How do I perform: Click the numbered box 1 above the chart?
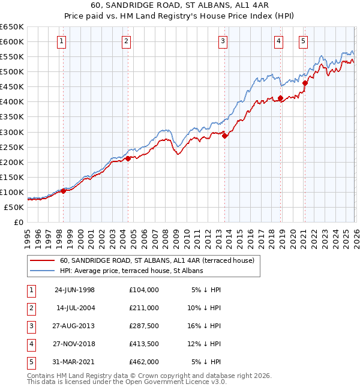(x=62, y=41)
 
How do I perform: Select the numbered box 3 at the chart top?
(x=223, y=41)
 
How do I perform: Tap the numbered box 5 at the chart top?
(x=303, y=41)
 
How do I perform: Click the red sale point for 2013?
(x=224, y=136)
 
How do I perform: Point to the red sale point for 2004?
(x=128, y=158)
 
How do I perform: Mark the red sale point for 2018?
(x=280, y=98)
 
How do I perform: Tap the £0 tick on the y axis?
(x=18, y=222)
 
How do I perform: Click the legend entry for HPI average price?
(x=131, y=271)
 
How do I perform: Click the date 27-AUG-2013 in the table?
(x=75, y=326)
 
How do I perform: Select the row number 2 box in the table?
(x=30, y=308)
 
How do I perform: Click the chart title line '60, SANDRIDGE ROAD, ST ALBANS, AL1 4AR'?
(x=180, y=7)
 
